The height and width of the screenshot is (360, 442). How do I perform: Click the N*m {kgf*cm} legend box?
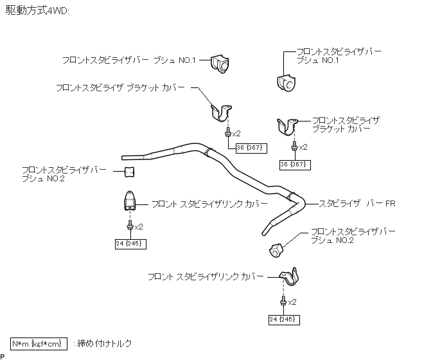click(x=39, y=343)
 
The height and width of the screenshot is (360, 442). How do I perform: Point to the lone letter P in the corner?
click(x=3, y=355)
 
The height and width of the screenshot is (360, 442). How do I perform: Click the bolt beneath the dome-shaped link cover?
click(x=130, y=226)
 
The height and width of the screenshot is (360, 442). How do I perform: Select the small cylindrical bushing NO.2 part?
click(x=128, y=172)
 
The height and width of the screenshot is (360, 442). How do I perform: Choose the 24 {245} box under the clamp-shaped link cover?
click(x=283, y=319)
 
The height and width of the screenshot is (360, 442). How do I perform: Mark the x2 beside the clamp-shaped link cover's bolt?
click(x=291, y=301)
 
